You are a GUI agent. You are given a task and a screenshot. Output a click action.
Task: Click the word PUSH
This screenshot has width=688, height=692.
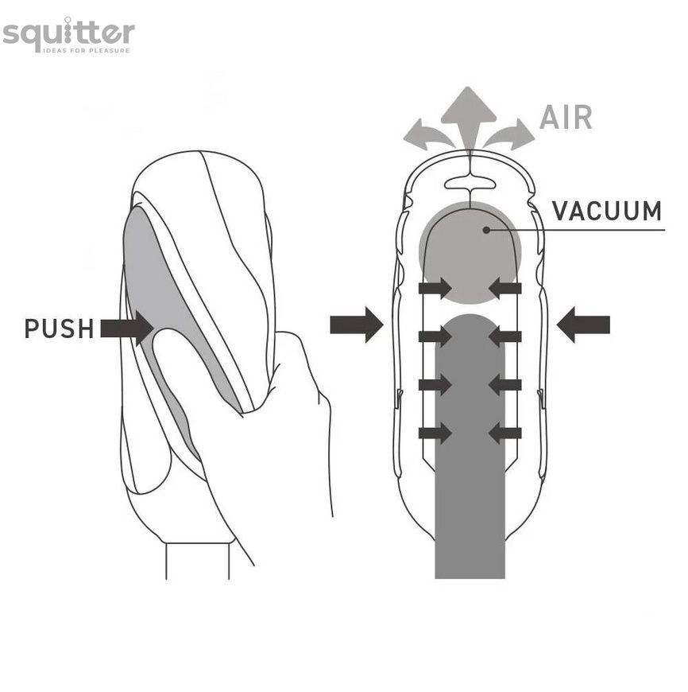pyautogui.click(x=59, y=329)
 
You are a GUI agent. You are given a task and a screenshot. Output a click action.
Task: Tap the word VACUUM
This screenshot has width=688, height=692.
pyautogui.click(x=607, y=211)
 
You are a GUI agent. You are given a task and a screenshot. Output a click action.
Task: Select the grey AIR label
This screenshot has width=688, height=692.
pyautogui.click(x=566, y=118)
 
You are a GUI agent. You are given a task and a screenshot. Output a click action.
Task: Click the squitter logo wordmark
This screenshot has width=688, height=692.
pyautogui.click(x=68, y=33)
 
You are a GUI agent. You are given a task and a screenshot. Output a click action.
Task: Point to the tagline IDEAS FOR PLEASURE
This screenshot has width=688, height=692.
pyautogui.click(x=87, y=50)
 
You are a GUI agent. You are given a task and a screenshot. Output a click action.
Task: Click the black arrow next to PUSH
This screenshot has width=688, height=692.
pyautogui.click(x=127, y=328)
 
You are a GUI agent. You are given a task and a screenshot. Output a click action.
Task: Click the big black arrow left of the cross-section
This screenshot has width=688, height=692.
pyautogui.click(x=357, y=325)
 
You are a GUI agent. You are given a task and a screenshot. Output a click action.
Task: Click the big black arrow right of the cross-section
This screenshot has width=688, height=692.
pyautogui.click(x=583, y=325)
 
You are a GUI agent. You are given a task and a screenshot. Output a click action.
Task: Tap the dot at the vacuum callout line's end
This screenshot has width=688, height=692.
pyautogui.click(x=486, y=230)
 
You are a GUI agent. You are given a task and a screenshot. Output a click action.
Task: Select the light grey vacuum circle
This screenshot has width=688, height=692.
pyautogui.click(x=470, y=252)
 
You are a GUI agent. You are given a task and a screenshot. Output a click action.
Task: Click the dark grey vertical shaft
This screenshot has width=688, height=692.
pyautogui.click(x=470, y=445)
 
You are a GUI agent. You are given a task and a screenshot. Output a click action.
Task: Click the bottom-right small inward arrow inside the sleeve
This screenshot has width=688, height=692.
pyautogui.click(x=505, y=433)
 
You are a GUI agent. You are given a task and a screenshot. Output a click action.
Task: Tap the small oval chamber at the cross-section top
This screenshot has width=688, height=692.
pyautogui.click(x=470, y=183)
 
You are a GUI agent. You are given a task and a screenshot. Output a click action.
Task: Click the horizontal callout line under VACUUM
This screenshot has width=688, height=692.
pyautogui.click(x=576, y=230)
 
